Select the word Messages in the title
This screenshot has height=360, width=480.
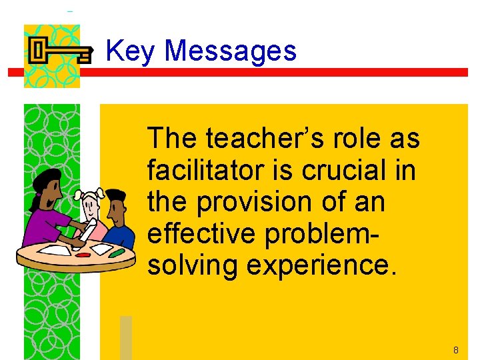coord(230,51)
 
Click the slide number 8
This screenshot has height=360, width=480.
coord(455,350)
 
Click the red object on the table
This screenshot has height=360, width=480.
coord(83,254)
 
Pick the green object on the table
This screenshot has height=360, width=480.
coord(116,253)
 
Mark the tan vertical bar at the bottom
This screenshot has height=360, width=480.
coord(126,337)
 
